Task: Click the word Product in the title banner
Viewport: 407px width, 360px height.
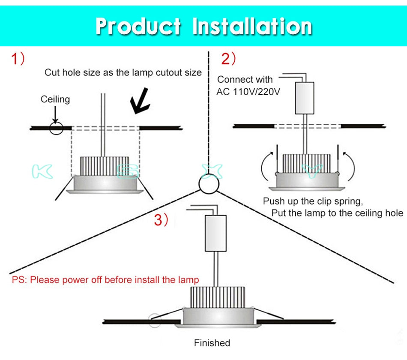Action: pyautogui.click(x=138, y=27)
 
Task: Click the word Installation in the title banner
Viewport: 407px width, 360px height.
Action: pyautogui.click(x=252, y=27)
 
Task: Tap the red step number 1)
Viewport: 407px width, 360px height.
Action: pyautogui.click(x=18, y=59)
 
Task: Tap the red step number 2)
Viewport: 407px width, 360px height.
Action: pyautogui.click(x=228, y=59)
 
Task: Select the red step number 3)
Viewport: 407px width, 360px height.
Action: pyautogui.click(x=162, y=220)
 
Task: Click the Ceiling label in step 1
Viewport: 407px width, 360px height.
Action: pyautogui.click(x=55, y=99)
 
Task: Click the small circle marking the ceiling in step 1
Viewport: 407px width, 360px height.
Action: pyautogui.click(x=56, y=128)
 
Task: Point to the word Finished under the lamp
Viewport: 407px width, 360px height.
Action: pyautogui.click(x=212, y=343)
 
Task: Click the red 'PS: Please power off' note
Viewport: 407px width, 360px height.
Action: pyautogui.click(x=105, y=280)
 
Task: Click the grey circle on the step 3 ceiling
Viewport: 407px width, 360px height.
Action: pyautogui.click(x=154, y=320)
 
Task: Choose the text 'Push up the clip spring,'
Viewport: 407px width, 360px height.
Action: pyautogui.click(x=313, y=201)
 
